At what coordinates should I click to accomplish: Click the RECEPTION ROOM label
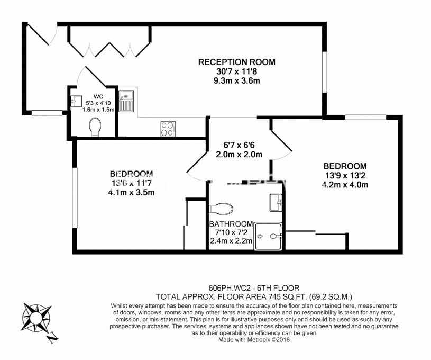(237, 62)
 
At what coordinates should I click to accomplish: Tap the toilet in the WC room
(95, 127)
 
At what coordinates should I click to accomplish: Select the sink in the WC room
(76, 101)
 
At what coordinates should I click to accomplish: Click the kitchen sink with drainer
(126, 101)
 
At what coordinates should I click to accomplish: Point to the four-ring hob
(168, 129)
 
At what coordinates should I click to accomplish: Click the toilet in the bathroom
(221, 209)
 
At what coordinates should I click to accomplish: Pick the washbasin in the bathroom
(276, 203)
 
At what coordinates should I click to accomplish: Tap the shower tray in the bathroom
(268, 237)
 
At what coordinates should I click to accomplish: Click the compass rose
(36, 318)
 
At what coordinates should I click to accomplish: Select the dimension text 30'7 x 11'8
(237, 71)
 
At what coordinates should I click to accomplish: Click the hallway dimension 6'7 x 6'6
(239, 145)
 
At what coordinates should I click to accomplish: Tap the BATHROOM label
(231, 224)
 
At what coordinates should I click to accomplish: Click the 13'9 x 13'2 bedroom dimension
(345, 175)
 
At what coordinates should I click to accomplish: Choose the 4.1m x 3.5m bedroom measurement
(131, 192)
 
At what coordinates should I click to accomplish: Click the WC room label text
(98, 96)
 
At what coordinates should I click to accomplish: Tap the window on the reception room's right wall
(324, 72)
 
